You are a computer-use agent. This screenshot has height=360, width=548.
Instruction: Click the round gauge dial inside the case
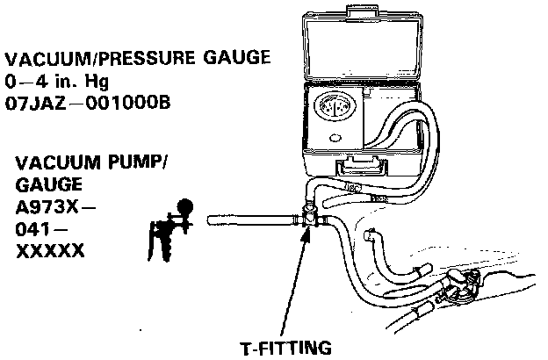335,112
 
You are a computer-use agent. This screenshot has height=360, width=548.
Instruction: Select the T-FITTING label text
287,347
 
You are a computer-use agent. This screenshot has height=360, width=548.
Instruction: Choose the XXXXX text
50,252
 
